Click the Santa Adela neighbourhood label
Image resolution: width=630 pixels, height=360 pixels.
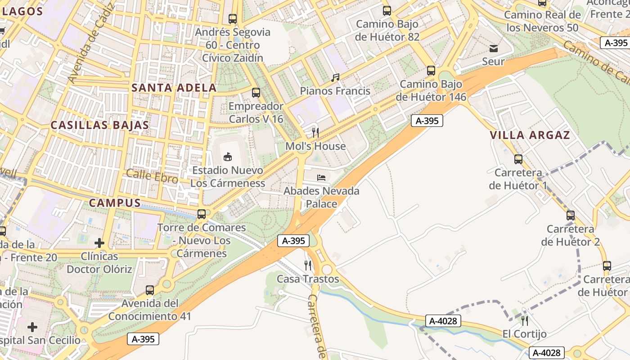(x=174, y=88)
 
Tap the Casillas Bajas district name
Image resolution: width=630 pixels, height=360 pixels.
(x=99, y=125)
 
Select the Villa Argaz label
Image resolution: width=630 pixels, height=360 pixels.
(x=530, y=135)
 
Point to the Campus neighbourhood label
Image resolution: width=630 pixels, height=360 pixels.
(x=115, y=203)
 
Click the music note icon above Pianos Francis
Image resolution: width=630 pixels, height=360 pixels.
(x=335, y=78)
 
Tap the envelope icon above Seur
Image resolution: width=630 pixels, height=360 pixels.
(x=494, y=48)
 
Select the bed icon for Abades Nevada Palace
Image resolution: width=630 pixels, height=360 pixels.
(x=321, y=178)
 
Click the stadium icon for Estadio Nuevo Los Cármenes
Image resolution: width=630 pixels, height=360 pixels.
(x=228, y=157)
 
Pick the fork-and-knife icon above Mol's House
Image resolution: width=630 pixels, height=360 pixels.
(x=315, y=132)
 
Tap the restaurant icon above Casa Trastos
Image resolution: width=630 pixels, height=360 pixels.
(x=308, y=265)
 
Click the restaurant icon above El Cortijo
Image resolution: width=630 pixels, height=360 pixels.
(x=524, y=320)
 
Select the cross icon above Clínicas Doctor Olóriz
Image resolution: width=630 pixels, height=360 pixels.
(x=99, y=243)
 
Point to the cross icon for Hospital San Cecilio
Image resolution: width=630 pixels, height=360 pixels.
(x=32, y=327)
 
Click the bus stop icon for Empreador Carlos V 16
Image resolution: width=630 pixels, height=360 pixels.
(x=256, y=93)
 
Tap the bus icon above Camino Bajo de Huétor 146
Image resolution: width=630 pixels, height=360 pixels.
(x=431, y=71)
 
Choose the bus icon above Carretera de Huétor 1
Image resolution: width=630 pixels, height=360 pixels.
(x=518, y=159)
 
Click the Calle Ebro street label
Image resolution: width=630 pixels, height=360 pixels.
(x=152, y=176)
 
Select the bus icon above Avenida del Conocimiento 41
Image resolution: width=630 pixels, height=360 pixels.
(x=150, y=290)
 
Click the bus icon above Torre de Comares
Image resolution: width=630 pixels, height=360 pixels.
(x=202, y=214)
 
